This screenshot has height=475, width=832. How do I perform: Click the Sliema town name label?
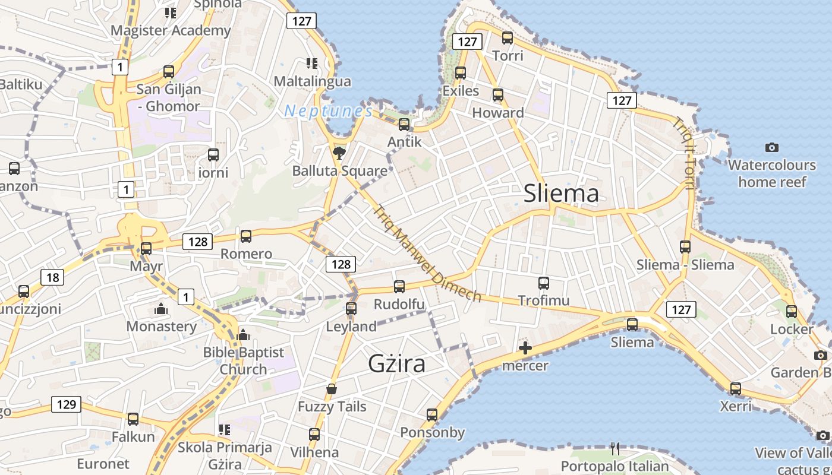click(561, 194)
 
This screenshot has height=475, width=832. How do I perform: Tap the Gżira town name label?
click(396, 363)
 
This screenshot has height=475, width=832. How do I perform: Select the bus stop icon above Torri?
click(508, 38)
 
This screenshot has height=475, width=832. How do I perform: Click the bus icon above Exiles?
click(461, 73)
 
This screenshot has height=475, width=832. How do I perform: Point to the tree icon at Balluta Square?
click(339, 154)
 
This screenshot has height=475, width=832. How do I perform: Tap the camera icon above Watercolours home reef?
click(772, 147)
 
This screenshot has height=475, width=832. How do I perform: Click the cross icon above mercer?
click(525, 348)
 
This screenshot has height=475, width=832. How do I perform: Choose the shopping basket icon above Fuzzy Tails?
click(332, 389)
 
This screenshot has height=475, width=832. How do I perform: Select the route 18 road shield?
click(52, 277)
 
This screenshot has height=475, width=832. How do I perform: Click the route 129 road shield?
click(66, 404)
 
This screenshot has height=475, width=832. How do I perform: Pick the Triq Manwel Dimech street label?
click(427, 253)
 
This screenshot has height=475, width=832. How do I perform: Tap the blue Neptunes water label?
click(328, 110)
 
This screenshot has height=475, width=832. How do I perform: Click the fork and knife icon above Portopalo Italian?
click(615, 448)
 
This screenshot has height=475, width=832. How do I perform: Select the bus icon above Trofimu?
click(544, 283)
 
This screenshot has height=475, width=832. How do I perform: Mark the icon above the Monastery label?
click(160, 309)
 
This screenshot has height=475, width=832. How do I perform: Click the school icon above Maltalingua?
click(312, 63)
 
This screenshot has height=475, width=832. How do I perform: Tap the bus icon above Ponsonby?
click(432, 414)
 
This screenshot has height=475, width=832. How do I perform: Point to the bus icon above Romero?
click(246, 236)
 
